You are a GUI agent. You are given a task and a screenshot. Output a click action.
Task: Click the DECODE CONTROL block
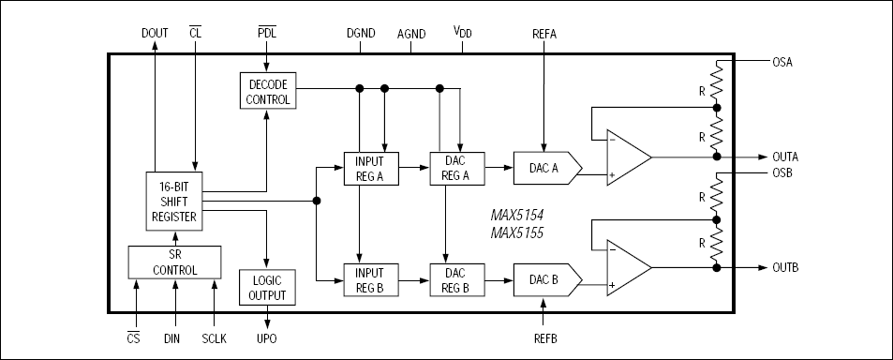click(x=267, y=91)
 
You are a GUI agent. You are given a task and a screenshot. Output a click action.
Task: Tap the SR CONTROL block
click(x=174, y=262)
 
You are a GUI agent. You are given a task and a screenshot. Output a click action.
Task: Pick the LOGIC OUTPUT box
click(x=267, y=288)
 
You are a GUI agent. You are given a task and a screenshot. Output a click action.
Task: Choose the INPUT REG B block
click(x=370, y=278)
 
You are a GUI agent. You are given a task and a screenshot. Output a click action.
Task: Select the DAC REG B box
click(x=455, y=278)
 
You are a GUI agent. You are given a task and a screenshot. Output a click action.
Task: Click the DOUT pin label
click(x=155, y=33)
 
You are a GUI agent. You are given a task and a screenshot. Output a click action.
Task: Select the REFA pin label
click(x=544, y=33)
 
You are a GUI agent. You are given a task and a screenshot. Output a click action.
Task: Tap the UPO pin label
click(x=267, y=337)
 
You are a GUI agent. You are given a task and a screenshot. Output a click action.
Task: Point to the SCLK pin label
click(x=215, y=337)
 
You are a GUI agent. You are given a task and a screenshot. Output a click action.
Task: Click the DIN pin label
click(x=175, y=337)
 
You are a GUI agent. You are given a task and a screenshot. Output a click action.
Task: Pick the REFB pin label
click(x=544, y=337)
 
